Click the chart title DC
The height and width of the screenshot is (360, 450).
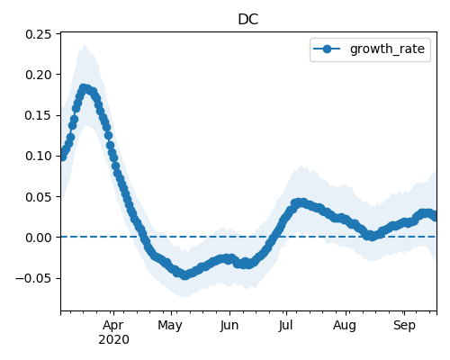click(248, 20)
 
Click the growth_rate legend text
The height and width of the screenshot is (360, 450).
click(387, 49)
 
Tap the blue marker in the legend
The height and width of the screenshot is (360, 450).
click(327, 49)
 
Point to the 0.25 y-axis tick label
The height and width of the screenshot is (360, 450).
click(39, 34)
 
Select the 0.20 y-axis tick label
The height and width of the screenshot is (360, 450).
click(39, 75)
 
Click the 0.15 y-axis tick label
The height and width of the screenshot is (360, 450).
click(39, 115)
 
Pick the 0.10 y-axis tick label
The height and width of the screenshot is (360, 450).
click(39, 156)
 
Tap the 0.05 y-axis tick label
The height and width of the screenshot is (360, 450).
click(39, 197)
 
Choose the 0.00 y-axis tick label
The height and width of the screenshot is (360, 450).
click(39, 238)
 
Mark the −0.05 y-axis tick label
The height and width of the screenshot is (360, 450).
click(33, 278)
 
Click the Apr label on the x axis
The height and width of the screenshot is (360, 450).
click(113, 326)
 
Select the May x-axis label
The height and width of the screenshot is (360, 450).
click(170, 326)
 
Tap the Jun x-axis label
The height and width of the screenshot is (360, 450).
click(229, 326)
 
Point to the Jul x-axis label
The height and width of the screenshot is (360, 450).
click(285, 326)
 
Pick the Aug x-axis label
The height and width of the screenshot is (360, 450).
click(345, 326)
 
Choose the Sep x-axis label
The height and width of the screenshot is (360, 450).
click(404, 326)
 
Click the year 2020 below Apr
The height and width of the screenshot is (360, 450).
click(113, 340)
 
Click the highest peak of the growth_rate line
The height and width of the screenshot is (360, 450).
click(84, 88)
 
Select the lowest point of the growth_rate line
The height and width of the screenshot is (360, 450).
click(185, 275)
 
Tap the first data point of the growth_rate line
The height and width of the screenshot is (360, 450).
click(62, 157)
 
